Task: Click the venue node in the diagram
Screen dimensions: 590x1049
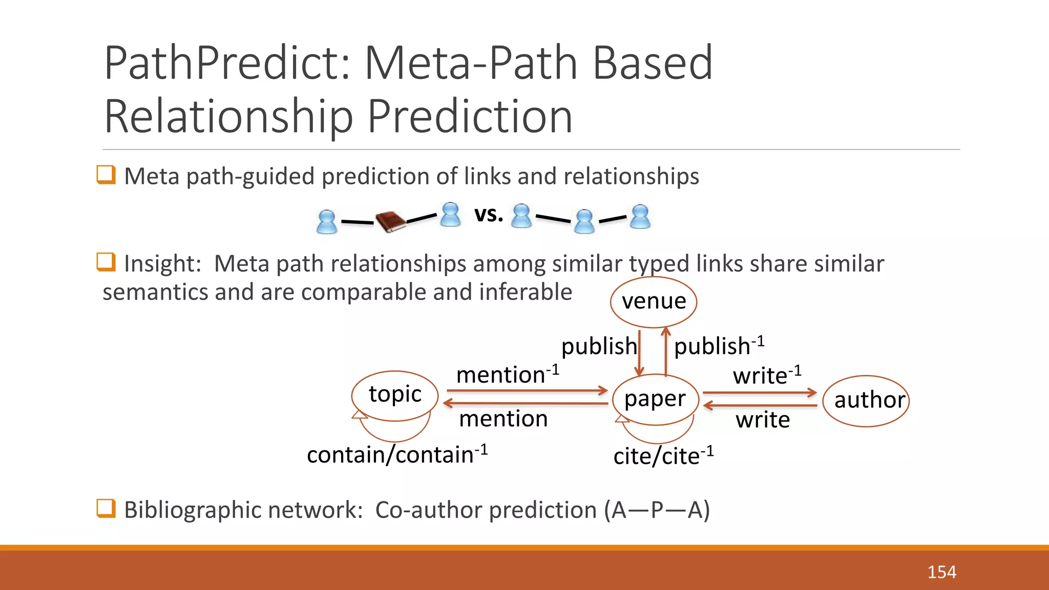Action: tap(654, 302)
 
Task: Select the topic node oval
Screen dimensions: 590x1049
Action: tap(394, 395)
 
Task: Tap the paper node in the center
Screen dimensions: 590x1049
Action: tap(655, 399)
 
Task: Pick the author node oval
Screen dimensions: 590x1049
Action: tap(866, 401)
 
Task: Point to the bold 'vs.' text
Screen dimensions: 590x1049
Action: tap(489, 214)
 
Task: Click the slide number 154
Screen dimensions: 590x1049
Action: tap(941, 572)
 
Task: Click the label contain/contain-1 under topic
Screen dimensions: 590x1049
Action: tap(397, 455)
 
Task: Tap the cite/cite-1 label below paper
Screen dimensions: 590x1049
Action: tap(663, 456)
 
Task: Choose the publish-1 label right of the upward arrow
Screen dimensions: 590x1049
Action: tap(718, 346)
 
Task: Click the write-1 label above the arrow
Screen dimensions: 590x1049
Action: tap(766, 375)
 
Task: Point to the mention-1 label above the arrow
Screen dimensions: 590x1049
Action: tap(507, 374)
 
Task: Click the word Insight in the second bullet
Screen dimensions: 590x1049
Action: tap(162, 264)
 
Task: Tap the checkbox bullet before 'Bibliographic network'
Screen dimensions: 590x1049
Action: tap(106, 509)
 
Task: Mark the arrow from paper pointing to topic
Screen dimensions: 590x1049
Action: tap(525, 404)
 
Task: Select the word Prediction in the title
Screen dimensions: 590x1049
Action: tap(470, 117)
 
